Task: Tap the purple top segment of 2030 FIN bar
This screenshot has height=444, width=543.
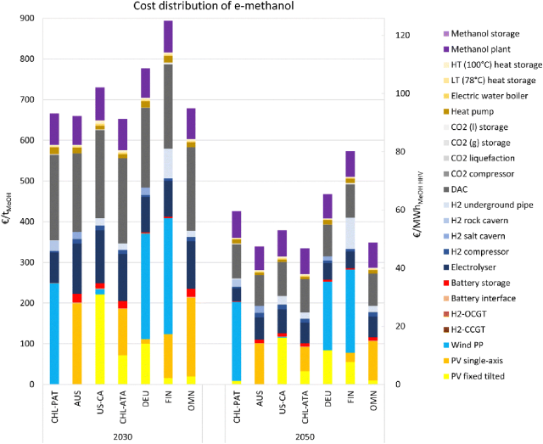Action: tap(168, 37)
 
